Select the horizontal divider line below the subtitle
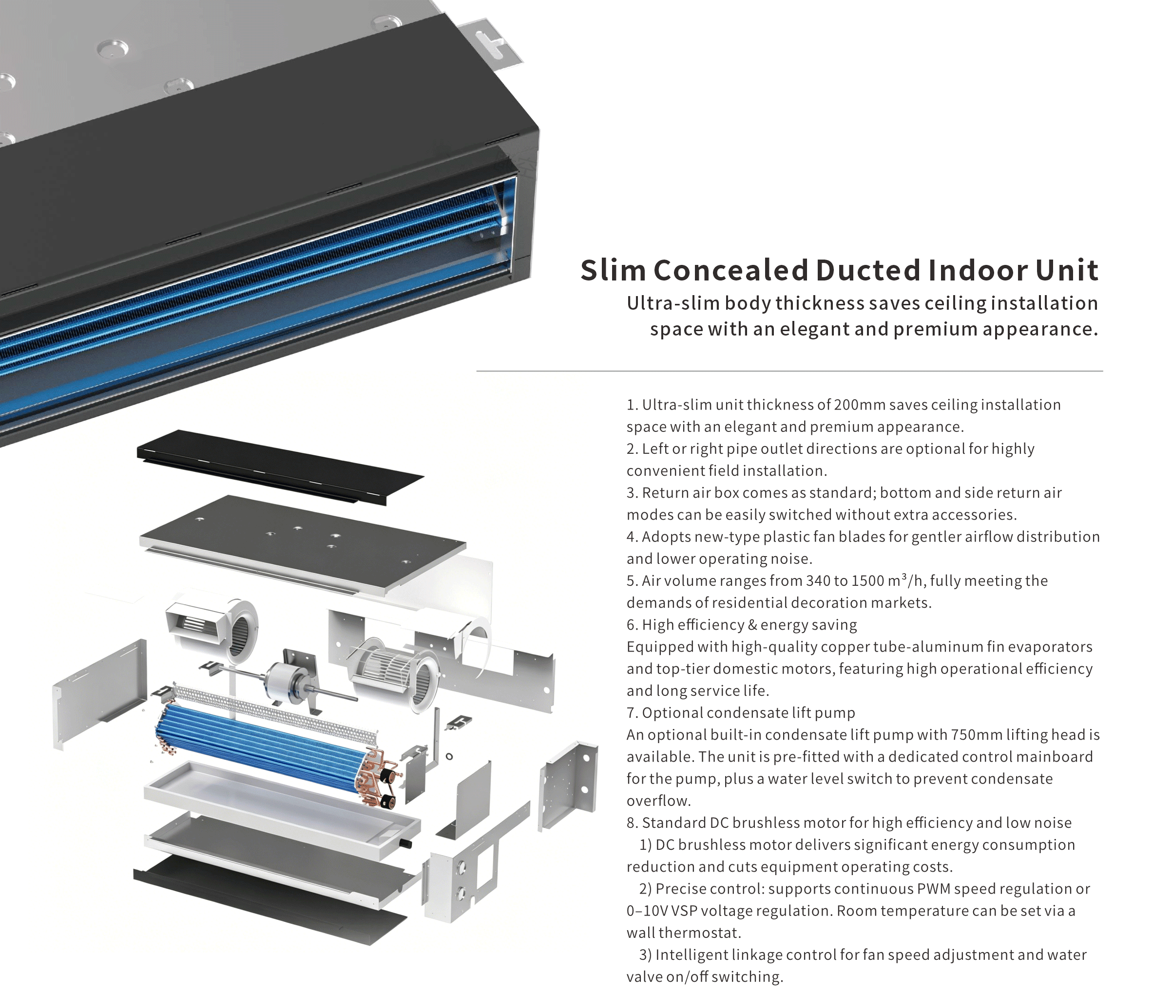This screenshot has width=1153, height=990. [789, 371]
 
